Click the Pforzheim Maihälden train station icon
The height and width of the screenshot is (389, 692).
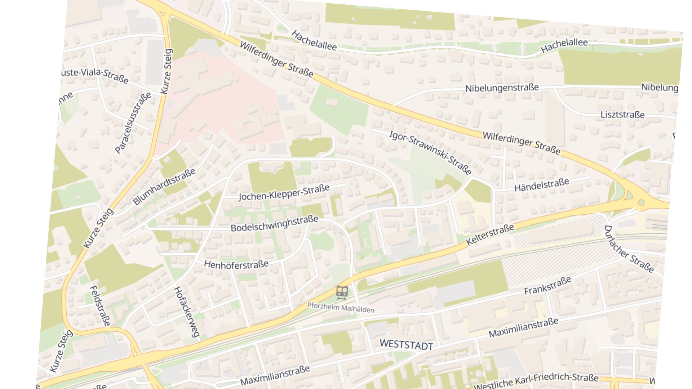(x=342, y=292)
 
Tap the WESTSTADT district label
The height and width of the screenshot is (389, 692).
(x=406, y=345)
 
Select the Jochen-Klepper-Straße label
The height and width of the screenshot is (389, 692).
(x=284, y=193)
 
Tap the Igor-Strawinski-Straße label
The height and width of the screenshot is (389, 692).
(x=430, y=153)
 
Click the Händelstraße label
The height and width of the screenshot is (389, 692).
(x=541, y=185)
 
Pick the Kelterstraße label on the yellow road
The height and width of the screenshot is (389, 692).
(x=490, y=234)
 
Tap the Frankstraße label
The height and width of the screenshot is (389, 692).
(x=547, y=286)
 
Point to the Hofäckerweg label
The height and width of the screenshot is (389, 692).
(x=186, y=312)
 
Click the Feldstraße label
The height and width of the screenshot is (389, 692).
(x=99, y=306)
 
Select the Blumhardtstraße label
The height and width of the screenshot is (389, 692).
(x=164, y=186)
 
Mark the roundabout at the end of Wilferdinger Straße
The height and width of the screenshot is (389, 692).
(x=641, y=202)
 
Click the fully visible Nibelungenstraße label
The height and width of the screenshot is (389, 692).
(x=502, y=88)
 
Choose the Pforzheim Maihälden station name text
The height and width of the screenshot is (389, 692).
(x=341, y=307)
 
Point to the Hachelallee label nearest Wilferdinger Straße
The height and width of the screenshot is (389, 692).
(x=314, y=40)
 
